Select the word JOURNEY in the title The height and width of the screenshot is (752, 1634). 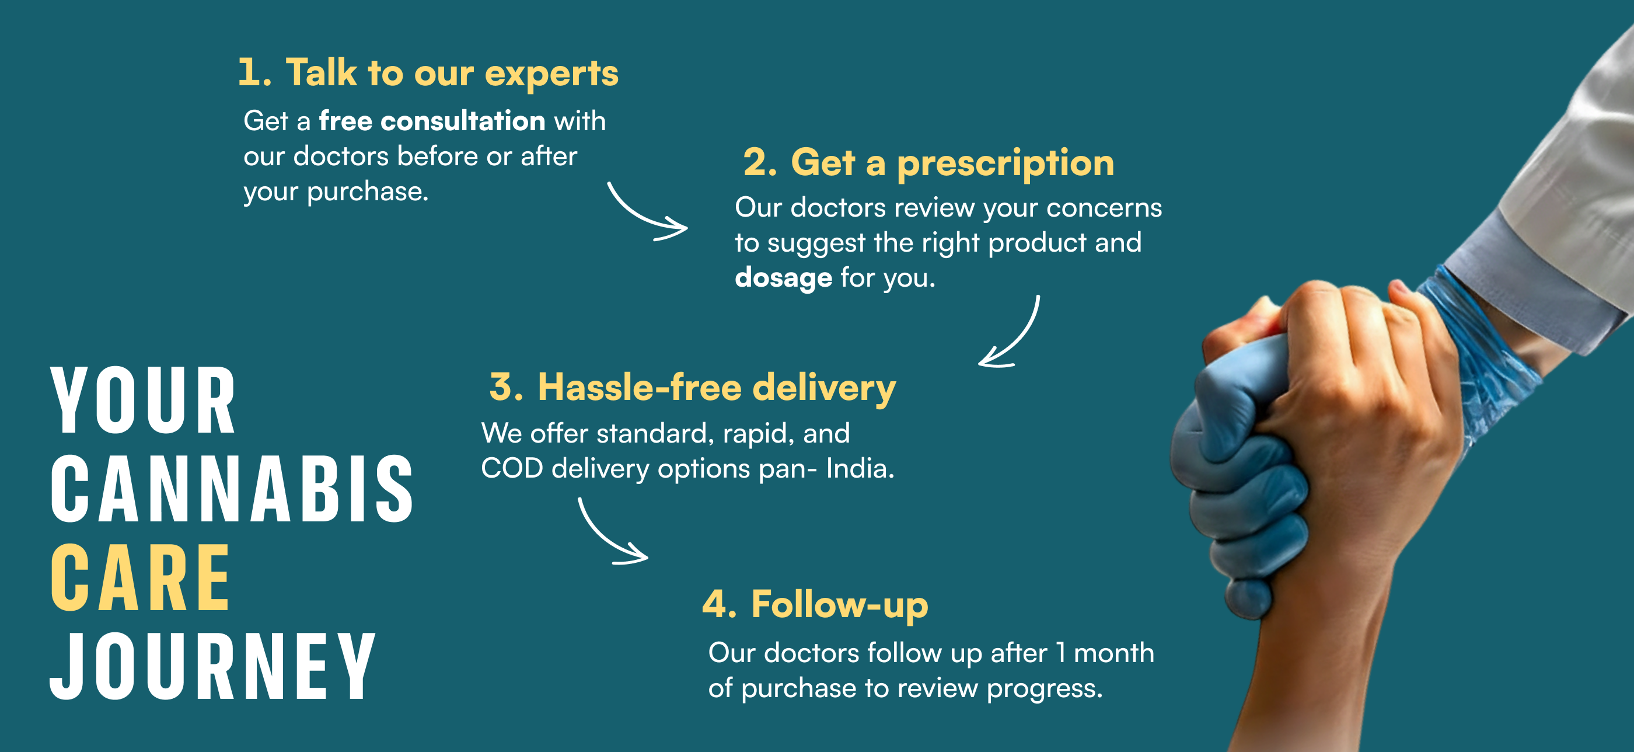[213, 666]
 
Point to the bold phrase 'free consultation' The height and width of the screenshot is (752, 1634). [432, 121]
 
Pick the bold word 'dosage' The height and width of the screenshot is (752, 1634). [783, 278]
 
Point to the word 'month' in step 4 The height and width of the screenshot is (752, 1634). [1114, 653]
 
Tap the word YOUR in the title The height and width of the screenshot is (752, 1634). [144, 401]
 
